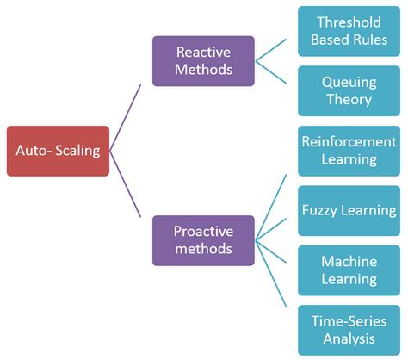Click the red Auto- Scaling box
[58, 151]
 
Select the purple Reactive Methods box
[203, 61]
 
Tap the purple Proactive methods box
[203, 240]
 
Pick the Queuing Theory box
[349, 90]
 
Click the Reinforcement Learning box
[349, 151]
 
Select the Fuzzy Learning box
[349, 210]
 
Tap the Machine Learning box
[349, 270]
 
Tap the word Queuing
[349, 82]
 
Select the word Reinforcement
[349, 142]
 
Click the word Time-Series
[349, 321]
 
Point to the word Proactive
[203, 232]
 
